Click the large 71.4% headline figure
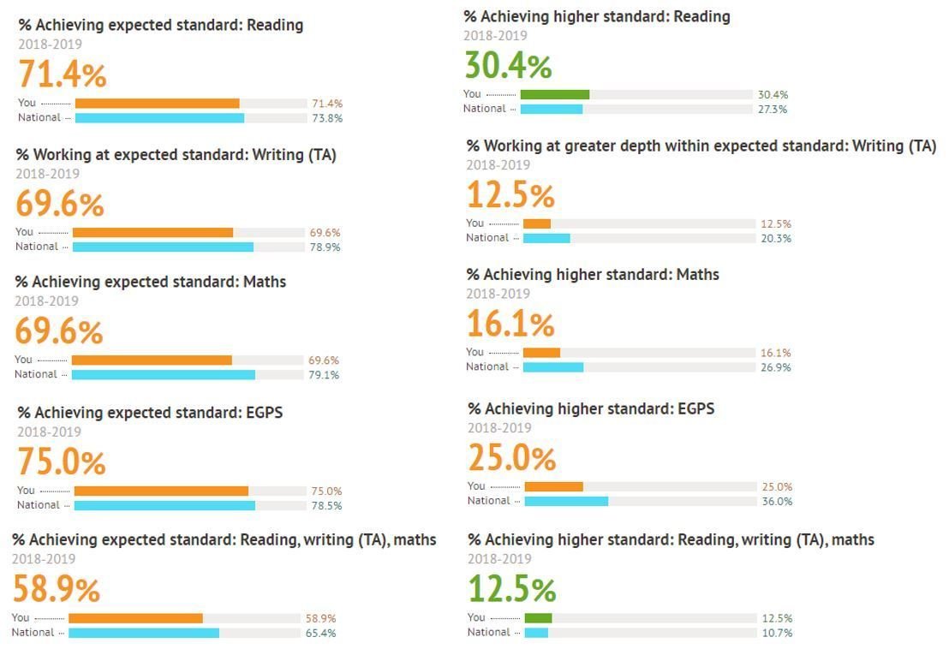click(63, 75)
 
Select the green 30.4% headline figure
click(508, 66)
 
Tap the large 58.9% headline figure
click(57, 590)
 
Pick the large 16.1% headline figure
click(510, 324)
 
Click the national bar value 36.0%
click(776, 502)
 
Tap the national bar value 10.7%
click(776, 633)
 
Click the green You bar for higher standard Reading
click(554, 94)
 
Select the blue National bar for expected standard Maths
click(163, 374)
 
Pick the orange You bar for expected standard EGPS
click(161, 491)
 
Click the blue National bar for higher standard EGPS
click(566, 501)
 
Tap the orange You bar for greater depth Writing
click(537, 223)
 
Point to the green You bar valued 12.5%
click(538, 617)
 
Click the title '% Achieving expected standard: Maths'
click(151, 282)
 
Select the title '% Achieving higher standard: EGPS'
click(591, 408)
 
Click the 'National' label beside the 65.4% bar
click(33, 633)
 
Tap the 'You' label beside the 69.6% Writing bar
click(24, 232)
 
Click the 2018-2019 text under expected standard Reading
click(51, 44)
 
